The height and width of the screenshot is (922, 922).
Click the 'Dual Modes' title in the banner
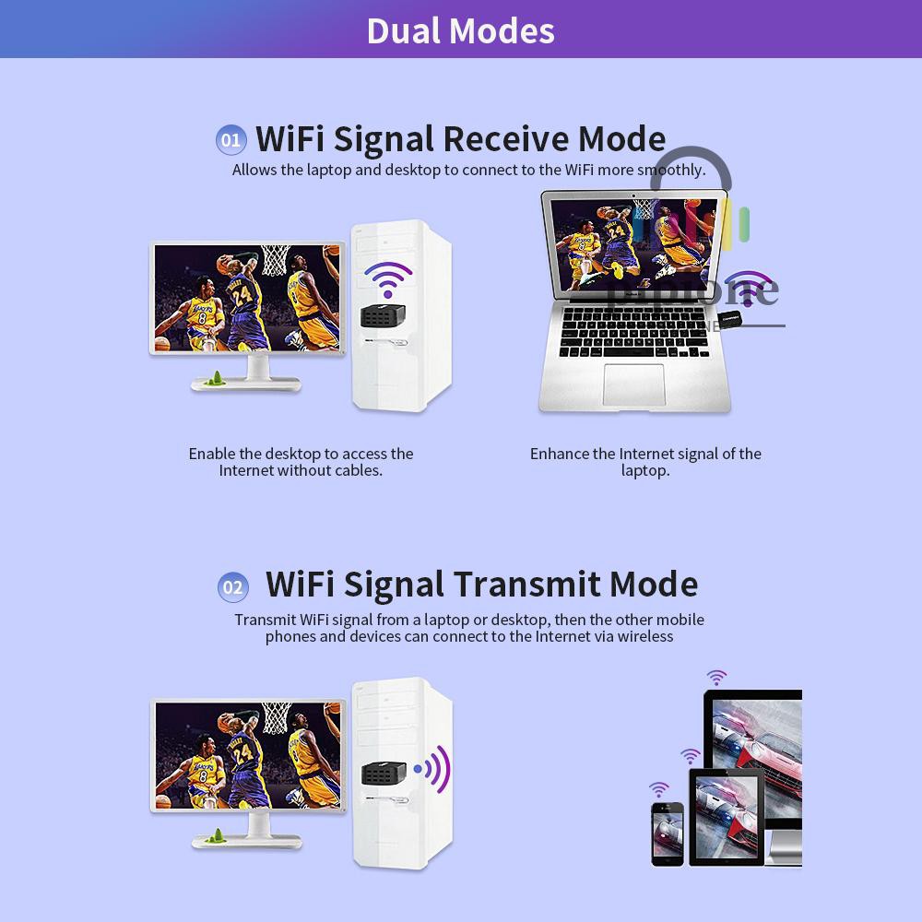460,30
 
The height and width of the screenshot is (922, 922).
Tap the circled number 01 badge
230,140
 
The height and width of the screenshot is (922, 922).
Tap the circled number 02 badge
233,587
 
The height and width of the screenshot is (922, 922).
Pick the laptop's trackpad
633,384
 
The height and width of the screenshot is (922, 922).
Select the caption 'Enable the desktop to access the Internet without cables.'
301,462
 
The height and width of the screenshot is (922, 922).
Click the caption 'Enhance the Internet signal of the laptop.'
645,462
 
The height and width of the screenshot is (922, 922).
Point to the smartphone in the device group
667,833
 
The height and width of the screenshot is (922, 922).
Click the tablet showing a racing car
726,816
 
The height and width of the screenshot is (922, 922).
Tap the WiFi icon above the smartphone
658,789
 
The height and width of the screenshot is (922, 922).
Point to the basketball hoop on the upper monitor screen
275,260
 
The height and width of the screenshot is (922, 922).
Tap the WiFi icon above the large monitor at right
716,678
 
